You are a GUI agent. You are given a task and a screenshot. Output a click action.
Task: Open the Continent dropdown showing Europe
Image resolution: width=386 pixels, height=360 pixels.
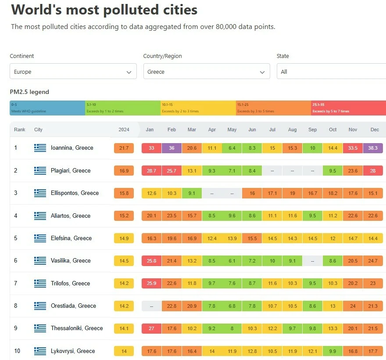pyautogui.click(x=73, y=72)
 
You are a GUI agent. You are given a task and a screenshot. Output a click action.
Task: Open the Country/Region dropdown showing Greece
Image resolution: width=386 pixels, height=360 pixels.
pyautogui.click(x=206, y=72)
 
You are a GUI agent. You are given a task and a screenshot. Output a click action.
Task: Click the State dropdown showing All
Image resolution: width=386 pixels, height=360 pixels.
pyautogui.click(x=331, y=72)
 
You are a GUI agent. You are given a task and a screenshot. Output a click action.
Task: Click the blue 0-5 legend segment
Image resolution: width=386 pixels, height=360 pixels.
pyautogui.click(x=47, y=108)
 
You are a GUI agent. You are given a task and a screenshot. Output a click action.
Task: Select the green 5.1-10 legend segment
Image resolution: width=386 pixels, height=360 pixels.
pyautogui.click(x=123, y=108)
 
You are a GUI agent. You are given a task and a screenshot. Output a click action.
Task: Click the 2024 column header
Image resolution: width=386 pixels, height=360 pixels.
pyautogui.click(x=124, y=130)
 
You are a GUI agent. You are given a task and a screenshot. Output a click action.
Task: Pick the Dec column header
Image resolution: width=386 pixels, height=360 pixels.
pyautogui.click(x=375, y=130)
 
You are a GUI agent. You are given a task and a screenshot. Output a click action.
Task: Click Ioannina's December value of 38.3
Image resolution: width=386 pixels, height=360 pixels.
pyautogui.click(x=373, y=148)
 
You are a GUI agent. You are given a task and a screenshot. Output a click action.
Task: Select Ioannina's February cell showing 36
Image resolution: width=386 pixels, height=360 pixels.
pyautogui.click(x=172, y=148)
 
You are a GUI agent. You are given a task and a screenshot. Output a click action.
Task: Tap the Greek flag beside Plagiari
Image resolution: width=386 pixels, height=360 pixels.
pyautogui.click(x=40, y=170)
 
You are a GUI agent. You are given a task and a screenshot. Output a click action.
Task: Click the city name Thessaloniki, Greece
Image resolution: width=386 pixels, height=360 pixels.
pyautogui.click(x=77, y=328)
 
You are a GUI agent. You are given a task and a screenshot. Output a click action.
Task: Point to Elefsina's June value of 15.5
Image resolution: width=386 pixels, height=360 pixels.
pyautogui.click(x=252, y=238)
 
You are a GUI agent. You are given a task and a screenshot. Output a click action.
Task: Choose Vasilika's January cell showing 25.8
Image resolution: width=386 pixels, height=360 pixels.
pyautogui.click(x=151, y=261)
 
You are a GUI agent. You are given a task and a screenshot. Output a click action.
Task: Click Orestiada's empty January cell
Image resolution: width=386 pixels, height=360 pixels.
pyautogui.click(x=151, y=306)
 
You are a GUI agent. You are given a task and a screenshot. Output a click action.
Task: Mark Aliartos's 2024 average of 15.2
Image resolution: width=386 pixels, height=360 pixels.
pyautogui.click(x=124, y=216)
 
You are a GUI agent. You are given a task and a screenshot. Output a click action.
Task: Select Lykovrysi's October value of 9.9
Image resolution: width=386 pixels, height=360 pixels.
pyautogui.click(x=332, y=351)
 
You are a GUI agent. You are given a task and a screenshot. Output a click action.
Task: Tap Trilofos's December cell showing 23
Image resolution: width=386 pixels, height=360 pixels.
pyautogui.click(x=373, y=283)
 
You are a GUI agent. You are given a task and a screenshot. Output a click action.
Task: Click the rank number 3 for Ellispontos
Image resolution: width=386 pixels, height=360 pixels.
pyautogui.click(x=16, y=193)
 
